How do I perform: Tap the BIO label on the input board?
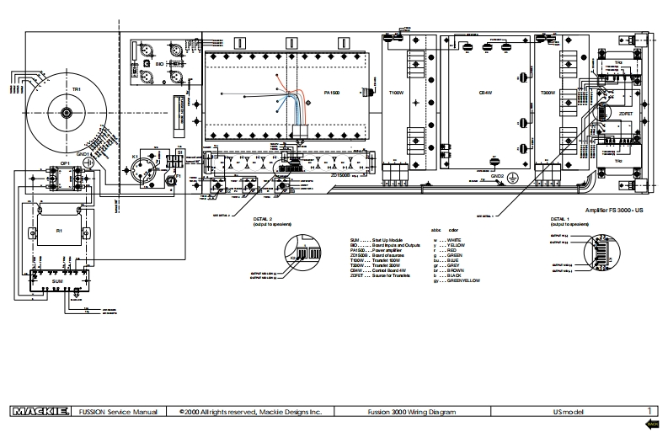pos(160,63)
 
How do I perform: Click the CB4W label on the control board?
pos(485,93)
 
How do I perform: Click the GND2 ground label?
pos(498,177)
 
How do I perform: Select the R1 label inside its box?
pos(59,230)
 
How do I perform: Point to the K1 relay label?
pos(135,157)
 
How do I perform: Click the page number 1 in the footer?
pos(648,412)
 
